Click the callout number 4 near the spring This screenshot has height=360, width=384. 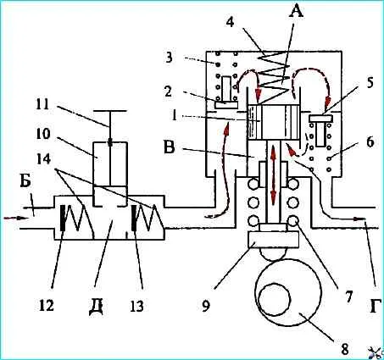point(231,22)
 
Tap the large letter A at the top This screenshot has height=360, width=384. point(295,11)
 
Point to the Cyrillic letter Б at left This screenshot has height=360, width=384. point(25,181)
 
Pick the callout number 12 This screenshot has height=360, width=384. point(47,305)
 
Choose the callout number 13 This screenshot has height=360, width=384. point(137,306)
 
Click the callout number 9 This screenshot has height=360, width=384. point(206,306)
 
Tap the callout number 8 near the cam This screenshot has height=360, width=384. point(344,350)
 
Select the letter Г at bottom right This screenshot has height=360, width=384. point(374,306)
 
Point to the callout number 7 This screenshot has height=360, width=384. point(348,296)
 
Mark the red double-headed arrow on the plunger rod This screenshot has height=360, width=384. point(273,174)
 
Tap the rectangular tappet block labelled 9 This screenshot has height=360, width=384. point(273,239)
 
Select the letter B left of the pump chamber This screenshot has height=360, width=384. point(170,147)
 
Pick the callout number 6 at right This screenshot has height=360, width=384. point(370,142)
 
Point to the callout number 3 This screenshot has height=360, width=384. point(169,59)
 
